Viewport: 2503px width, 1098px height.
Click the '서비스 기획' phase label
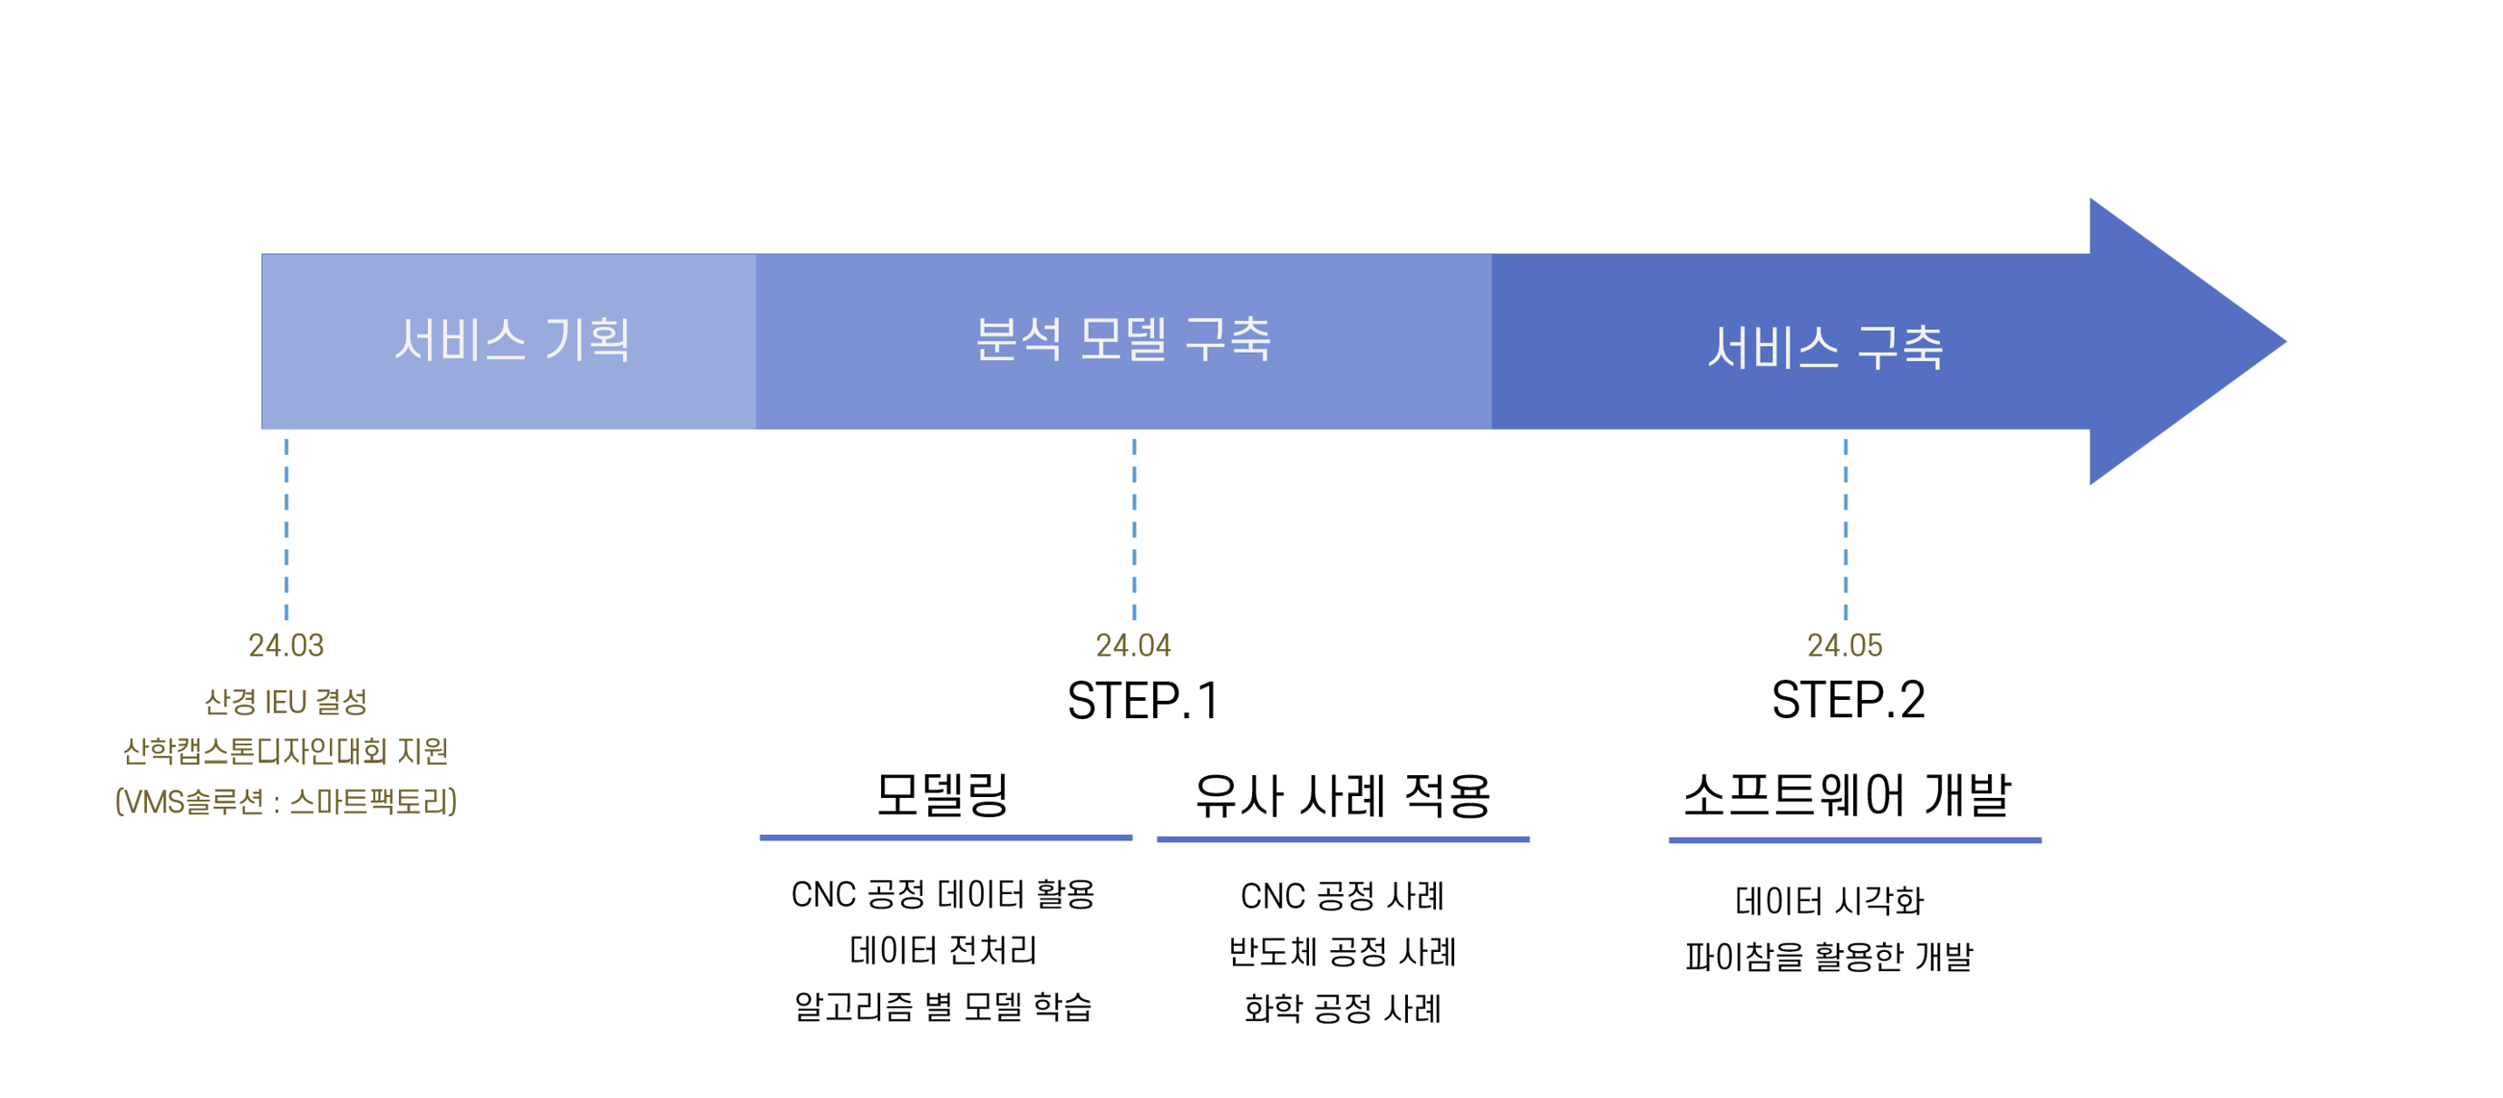[512, 340]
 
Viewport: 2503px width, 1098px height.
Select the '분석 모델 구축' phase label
[1123, 339]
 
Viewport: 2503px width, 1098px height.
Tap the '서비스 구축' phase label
[1826, 347]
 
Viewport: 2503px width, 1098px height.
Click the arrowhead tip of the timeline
[2285, 341]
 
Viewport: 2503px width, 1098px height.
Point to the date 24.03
[286, 646]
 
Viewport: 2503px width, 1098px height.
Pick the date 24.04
[1133, 646]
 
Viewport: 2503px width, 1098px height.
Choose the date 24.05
[1844, 646]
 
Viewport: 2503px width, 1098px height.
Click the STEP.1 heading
[1142, 701]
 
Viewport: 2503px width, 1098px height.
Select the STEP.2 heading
[1848, 700]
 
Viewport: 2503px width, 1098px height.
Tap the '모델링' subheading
[943, 795]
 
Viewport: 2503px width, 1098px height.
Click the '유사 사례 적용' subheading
[1343, 796]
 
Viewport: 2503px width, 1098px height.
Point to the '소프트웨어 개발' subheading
[1848, 795]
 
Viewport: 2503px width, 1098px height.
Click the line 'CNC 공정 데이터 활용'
[943, 894]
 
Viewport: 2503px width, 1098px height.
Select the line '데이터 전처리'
[943, 949]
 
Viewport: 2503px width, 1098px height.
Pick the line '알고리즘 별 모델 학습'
[943, 1006]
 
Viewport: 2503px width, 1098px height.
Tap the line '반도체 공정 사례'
[1343, 951]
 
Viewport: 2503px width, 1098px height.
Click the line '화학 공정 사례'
[1343, 1007]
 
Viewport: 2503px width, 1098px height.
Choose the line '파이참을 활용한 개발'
[1829, 957]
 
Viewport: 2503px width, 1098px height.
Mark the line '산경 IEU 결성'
[286, 702]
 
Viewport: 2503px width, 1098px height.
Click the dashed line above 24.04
[1134, 530]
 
